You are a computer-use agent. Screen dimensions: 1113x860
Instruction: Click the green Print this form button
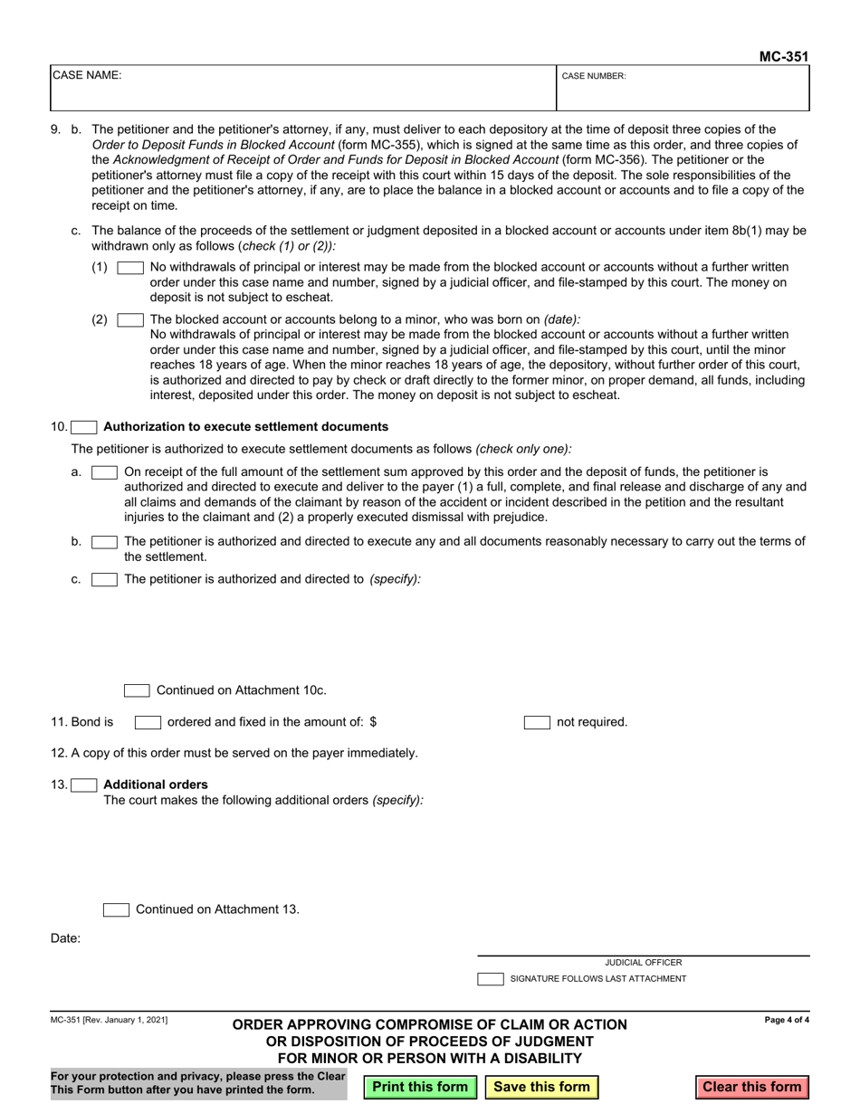(420, 1087)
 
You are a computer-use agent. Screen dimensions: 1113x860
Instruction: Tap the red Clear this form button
(751, 1087)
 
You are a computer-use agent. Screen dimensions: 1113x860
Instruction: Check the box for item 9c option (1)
(130, 268)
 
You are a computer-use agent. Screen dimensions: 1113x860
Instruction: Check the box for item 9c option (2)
(130, 319)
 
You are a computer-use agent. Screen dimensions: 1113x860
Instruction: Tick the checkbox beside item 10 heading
(84, 427)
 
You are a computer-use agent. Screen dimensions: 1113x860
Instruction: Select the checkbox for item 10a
(104, 472)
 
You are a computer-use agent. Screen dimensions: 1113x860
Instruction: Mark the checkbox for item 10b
(104, 542)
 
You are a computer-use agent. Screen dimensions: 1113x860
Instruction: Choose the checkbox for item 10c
(104, 579)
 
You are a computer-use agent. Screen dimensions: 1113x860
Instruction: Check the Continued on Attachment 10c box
(137, 690)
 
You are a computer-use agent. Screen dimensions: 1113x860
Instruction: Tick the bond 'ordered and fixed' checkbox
(148, 722)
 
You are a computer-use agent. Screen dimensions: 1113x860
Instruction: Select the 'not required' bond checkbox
(537, 722)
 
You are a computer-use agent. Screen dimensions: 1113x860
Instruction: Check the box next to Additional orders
(84, 785)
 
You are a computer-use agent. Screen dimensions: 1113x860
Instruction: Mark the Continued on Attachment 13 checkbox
(116, 909)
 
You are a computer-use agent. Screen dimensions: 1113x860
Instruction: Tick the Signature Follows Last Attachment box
(491, 979)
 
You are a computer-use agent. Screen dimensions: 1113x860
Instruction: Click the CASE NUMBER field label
(594, 77)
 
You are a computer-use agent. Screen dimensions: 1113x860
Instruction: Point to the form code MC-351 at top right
(783, 56)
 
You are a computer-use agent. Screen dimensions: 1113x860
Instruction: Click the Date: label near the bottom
(65, 938)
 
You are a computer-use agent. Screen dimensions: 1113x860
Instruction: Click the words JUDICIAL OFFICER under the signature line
(644, 963)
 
